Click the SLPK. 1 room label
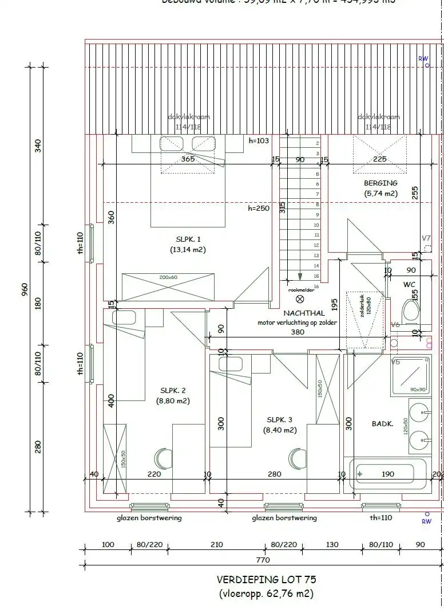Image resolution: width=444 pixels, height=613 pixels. point(188,239)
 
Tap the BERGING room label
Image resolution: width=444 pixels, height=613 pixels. point(380,183)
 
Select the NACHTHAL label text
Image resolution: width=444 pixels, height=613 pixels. point(304,313)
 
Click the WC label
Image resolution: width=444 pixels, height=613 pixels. point(409,284)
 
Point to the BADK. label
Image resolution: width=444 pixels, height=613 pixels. point(366,425)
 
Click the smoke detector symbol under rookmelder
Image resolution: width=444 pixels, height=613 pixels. point(300,298)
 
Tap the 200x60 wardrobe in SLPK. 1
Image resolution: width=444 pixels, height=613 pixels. point(168,286)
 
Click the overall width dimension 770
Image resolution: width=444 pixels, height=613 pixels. point(263,560)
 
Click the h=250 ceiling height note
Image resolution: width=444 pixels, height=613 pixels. point(259,209)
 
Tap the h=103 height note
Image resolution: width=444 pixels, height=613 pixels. point(259,140)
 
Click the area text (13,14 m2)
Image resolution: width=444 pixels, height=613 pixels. point(188,250)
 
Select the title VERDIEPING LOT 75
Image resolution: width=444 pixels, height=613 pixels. point(266,580)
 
